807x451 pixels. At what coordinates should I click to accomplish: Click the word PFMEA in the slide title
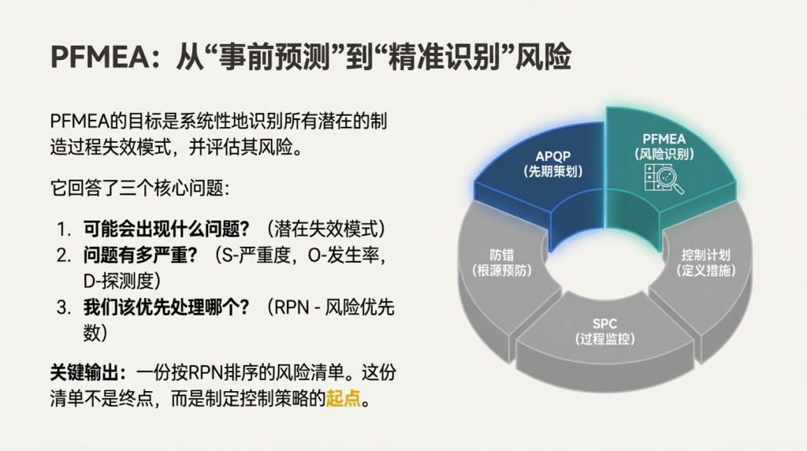point(100,57)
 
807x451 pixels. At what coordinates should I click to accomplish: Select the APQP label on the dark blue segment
point(552,157)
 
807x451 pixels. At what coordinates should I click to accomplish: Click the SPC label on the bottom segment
point(604,324)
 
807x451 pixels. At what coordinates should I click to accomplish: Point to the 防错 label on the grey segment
point(502,255)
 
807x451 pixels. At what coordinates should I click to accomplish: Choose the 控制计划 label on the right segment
point(705,255)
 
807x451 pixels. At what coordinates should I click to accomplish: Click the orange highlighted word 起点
point(344,398)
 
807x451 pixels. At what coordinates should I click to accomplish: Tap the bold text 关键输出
point(84,372)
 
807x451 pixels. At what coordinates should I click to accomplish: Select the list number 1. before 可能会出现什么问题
point(64,229)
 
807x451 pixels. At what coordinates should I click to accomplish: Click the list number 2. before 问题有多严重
point(64,255)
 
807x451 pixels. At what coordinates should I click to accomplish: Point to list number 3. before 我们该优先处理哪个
point(64,307)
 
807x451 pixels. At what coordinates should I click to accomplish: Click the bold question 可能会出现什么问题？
point(167,229)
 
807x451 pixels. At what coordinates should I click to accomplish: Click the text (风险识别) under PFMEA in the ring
point(664,154)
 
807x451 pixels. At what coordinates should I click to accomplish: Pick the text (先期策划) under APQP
point(552,171)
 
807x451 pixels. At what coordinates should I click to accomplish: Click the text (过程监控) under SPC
point(604,339)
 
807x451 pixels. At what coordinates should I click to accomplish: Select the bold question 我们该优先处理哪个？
point(167,307)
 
